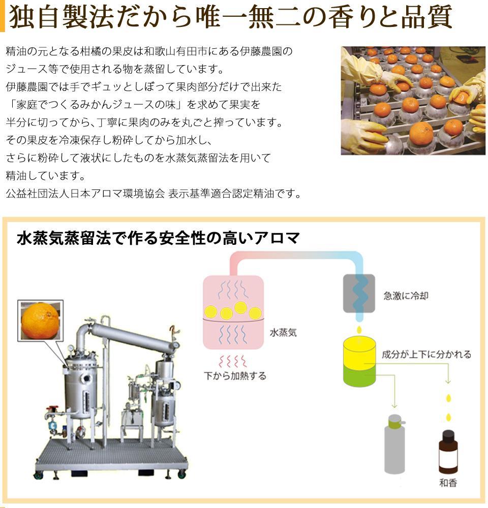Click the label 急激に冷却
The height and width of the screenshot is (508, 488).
(x=405, y=295)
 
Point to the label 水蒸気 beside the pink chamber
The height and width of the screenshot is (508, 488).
(x=283, y=333)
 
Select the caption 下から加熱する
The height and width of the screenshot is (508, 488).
(x=235, y=376)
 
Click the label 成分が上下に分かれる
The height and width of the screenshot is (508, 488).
(x=426, y=354)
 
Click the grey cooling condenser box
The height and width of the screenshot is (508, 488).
(x=359, y=293)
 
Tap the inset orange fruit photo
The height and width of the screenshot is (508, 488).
(x=40, y=320)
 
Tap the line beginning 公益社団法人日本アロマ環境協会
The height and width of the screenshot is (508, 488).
(x=154, y=194)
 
